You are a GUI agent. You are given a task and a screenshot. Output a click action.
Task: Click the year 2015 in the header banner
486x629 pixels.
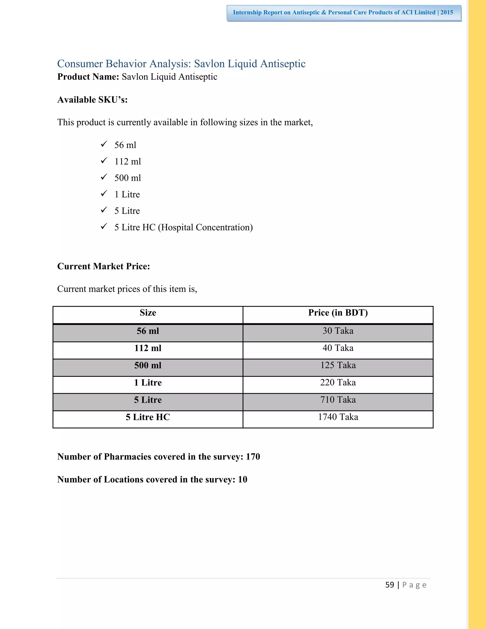click(x=447, y=12)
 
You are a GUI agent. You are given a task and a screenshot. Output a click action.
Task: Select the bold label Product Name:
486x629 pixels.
click(x=88, y=77)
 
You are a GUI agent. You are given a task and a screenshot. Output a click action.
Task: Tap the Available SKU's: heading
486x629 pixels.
click(x=92, y=100)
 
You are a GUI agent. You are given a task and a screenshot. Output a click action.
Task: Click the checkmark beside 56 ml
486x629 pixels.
click(x=104, y=144)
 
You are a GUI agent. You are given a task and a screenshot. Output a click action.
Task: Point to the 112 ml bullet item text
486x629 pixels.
click(x=127, y=162)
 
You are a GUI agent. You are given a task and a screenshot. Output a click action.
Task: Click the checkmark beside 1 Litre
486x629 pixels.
click(x=104, y=193)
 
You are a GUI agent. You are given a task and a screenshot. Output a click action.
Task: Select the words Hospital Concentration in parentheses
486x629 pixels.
click(x=205, y=228)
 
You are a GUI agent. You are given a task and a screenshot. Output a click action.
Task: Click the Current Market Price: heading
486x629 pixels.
click(x=103, y=266)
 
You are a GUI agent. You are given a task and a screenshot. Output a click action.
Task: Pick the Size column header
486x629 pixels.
click(x=148, y=313)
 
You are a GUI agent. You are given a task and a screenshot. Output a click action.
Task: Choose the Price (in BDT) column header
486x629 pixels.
click(x=338, y=313)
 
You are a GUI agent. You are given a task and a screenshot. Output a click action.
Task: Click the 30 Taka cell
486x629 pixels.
click(x=338, y=331)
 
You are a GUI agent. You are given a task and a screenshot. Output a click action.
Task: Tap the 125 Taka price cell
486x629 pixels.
click(x=338, y=366)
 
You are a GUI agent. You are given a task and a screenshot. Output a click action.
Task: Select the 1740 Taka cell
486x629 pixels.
click(x=338, y=417)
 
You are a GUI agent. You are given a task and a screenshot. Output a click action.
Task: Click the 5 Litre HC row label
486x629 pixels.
click(x=148, y=417)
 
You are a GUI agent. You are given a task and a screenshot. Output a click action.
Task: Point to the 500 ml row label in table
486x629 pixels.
click(x=148, y=366)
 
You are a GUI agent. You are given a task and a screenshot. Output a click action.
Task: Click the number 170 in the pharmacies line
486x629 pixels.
click(x=253, y=457)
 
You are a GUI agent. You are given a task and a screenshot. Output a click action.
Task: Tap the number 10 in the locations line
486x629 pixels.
click(x=243, y=479)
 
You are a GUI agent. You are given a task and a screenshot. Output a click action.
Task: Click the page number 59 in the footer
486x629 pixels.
click(x=390, y=585)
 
